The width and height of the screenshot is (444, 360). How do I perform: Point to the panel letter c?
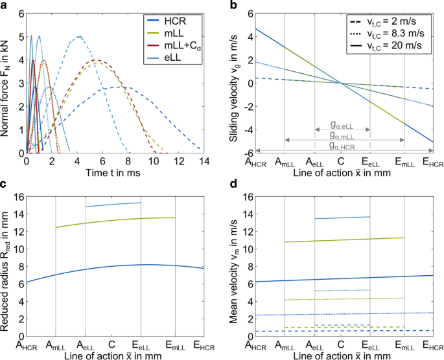[x=4, y=185]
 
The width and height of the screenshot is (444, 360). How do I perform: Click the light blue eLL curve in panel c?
[x=113, y=205]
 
